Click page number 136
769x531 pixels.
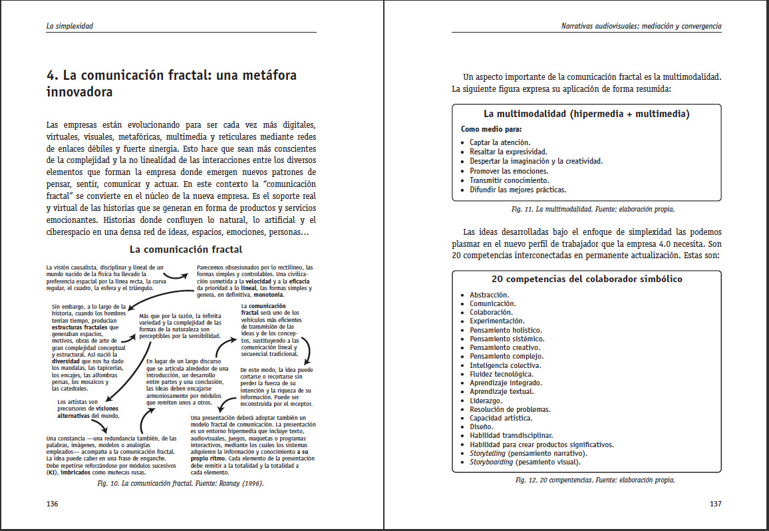coord(53,504)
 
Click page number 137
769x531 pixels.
coord(715,504)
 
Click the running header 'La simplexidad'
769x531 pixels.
coord(69,27)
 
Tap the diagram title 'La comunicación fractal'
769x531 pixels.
coord(186,250)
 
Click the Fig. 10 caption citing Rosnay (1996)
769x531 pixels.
coord(181,484)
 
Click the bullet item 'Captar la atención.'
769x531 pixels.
coord(500,142)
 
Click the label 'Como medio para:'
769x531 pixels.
coord(491,129)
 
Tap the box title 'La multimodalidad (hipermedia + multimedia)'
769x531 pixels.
coord(586,114)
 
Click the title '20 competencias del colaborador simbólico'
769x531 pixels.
coord(587,279)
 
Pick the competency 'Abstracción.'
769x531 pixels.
coord(489,295)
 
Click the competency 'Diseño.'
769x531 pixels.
coord(481,427)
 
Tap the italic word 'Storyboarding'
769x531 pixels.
coord(493,462)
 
